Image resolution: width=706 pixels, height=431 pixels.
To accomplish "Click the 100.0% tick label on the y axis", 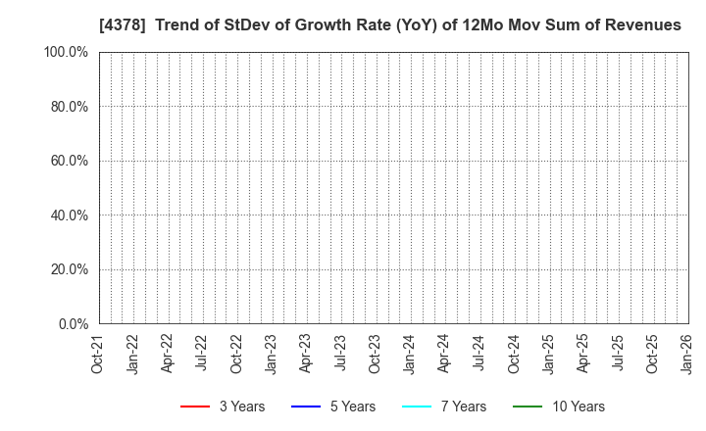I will tap(67, 52).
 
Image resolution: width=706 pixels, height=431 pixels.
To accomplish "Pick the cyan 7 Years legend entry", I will tap(443, 407).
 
